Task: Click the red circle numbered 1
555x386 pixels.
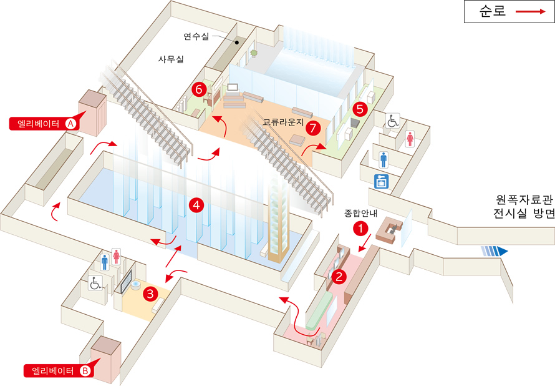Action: [360, 228]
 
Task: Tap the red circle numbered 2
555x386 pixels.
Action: [339, 276]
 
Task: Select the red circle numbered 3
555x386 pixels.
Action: [150, 294]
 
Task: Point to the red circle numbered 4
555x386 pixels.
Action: [196, 205]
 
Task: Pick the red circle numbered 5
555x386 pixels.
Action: [360, 109]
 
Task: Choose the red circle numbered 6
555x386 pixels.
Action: [199, 89]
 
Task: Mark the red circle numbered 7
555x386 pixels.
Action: [313, 127]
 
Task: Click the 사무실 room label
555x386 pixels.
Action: [171, 59]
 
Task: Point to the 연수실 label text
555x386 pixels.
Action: [196, 36]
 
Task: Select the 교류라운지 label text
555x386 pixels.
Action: [283, 122]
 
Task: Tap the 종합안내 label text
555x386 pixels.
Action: [360, 213]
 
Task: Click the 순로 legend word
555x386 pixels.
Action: [493, 11]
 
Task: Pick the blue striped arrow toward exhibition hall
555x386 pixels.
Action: [494, 251]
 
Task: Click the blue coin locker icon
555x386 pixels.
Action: [381, 182]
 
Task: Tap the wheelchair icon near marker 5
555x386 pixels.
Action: [392, 121]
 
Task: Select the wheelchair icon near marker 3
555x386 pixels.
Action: [95, 283]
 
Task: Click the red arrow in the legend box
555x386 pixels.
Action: [531, 12]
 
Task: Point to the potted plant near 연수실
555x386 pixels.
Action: [253, 54]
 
